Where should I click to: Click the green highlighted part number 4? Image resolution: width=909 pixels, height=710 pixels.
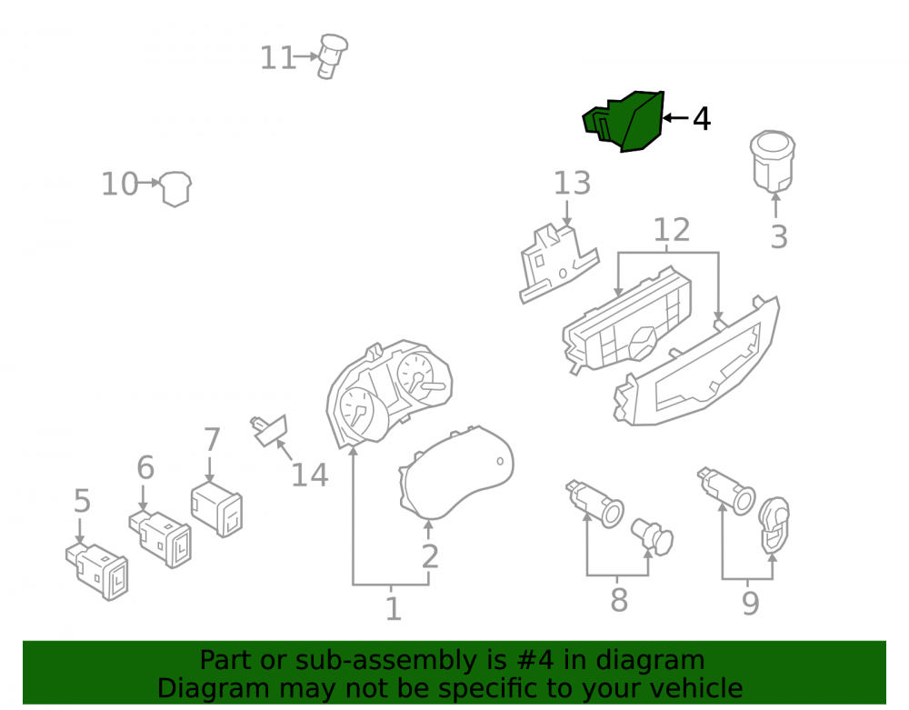[624, 121]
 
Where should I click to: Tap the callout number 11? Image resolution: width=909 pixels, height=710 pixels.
[277, 58]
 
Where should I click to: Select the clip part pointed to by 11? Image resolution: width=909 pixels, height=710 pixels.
[332, 56]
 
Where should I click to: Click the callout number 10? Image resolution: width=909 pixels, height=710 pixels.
[119, 184]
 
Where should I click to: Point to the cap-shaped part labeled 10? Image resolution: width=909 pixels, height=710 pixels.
[175, 188]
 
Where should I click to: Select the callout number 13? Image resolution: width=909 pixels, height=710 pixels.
[572, 183]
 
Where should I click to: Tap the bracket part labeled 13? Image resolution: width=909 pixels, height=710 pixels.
[556, 264]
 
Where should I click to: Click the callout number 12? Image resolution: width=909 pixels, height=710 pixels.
[672, 230]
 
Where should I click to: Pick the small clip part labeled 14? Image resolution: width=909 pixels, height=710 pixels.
[268, 430]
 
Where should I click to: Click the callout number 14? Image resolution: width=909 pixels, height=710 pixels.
[310, 475]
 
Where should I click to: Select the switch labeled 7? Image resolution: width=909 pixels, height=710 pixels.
[217, 509]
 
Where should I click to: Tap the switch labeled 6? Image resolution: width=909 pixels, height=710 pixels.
[161, 538]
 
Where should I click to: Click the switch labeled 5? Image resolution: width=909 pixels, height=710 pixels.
[97, 572]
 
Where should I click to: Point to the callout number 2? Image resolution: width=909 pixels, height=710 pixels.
[430, 556]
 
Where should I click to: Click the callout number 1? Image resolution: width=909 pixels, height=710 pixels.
[394, 609]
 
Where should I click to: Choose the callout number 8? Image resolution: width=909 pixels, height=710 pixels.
[619, 600]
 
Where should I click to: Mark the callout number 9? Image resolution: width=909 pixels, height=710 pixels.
[750, 604]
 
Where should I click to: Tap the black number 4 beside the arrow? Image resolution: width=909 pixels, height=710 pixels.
[702, 119]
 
